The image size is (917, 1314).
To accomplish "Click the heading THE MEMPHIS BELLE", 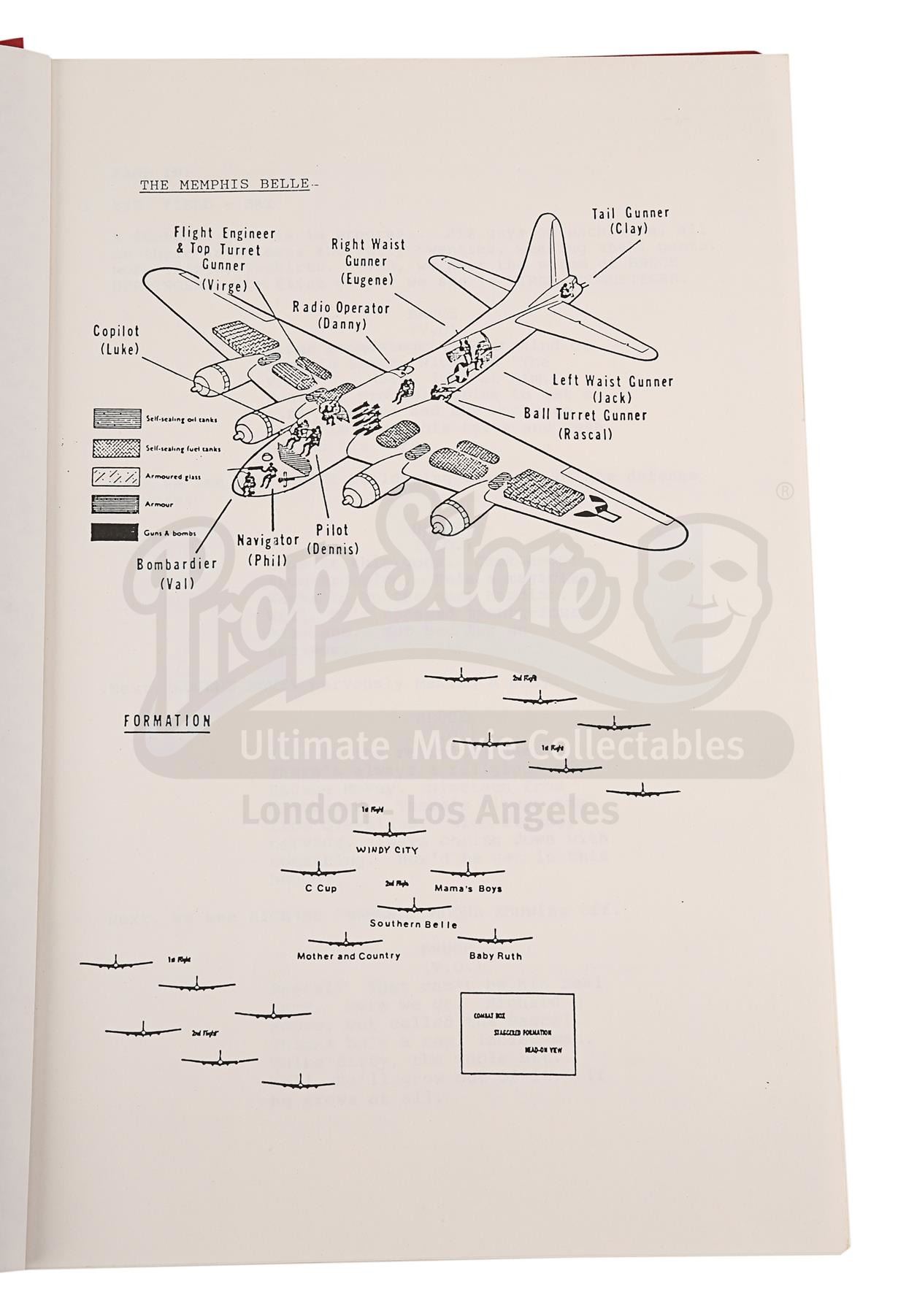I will (x=225, y=184).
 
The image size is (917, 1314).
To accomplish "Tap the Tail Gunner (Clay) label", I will (x=630, y=220).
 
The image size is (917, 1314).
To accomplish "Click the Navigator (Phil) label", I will (x=267, y=550).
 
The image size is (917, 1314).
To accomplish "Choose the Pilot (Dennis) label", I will (x=332, y=539).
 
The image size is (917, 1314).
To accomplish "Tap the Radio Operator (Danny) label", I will (x=341, y=315).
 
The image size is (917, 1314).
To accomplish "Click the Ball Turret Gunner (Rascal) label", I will (x=585, y=424).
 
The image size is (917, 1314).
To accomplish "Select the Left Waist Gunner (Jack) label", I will (x=612, y=388).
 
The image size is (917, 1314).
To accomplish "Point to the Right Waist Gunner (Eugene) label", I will (x=367, y=261).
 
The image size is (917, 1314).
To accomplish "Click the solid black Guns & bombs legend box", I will (x=115, y=532).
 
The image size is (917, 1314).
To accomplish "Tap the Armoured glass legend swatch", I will (x=115, y=476).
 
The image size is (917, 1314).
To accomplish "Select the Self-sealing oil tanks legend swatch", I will (x=115, y=418).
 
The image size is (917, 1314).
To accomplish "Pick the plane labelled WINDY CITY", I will (x=389, y=832).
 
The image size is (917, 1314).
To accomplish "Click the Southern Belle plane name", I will (x=413, y=923).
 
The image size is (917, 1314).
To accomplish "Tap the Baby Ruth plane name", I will (x=496, y=956).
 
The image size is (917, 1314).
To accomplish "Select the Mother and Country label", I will (x=348, y=956).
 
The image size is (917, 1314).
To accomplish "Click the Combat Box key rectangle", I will (x=518, y=1033).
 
